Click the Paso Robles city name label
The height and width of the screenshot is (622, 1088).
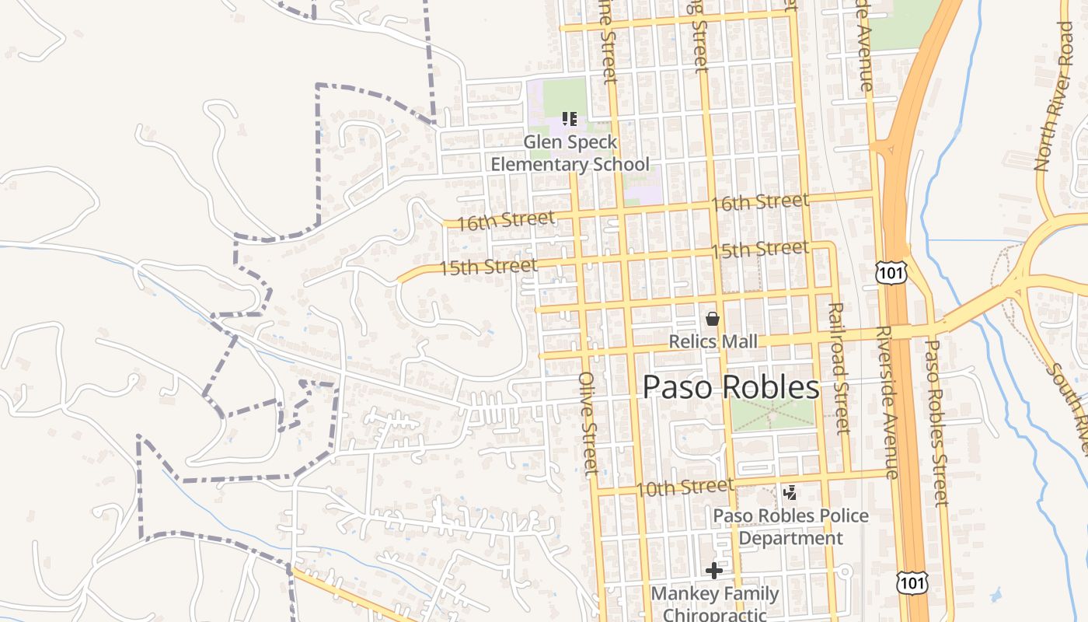click(731, 387)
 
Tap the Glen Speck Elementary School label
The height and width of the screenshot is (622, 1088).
click(570, 153)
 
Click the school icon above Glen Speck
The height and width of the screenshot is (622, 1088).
click(570, 119)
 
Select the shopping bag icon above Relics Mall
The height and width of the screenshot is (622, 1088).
click(712, 319)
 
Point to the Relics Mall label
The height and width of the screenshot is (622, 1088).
click(713, 342)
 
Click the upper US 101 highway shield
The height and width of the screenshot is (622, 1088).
click(890, 272)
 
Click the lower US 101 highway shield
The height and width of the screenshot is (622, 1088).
click(910, 582)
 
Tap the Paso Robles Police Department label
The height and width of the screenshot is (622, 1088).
click(790, 526)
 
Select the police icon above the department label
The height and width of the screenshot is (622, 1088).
click(790, 492)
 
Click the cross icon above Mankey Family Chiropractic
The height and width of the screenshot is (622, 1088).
click(713, 571)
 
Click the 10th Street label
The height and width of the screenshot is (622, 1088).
click(684, 487)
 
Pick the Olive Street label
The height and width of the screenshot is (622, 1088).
click(588, 424)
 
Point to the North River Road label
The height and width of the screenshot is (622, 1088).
click(1055, 97)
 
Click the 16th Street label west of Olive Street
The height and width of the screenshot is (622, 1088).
click(505, 221)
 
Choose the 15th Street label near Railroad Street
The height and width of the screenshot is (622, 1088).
click(759, 250)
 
